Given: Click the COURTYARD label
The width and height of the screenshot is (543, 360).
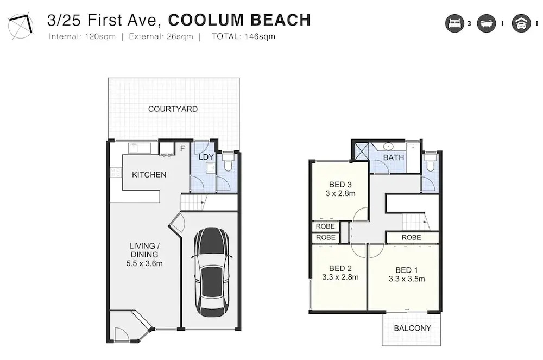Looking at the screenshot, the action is pyautogui.click(x=173, y=109).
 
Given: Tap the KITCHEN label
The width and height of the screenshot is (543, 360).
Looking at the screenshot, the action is pyautogui.click(x=149, y=175).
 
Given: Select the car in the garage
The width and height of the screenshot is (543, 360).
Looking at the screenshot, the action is pyautogui.click(x=211, y=271).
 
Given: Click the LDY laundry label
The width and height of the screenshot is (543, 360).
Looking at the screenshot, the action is pyautogui.click(x=206, y=157).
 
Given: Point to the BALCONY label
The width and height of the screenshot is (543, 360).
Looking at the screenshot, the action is pyautogui.click(x=413, y=328).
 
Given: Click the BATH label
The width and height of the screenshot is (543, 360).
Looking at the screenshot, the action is pyautogui.click(x=393, y=157).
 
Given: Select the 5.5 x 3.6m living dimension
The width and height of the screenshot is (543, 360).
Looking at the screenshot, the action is pyautogui.click(x=144, y=263).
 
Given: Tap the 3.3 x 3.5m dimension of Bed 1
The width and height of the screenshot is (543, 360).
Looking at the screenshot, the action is pyautogui.click(x=407, y=279).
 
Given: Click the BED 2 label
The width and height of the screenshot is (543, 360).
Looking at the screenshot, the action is pyautogui.click(x=340, y=268).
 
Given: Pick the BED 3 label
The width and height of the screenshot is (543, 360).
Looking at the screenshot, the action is pyautogui.click(x=340, y=185).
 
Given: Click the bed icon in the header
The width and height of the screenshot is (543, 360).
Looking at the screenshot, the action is pyautogui.click(x=454, y=23).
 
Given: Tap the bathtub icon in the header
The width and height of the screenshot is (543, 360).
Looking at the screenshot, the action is pyautogui.click(x=486, y=23).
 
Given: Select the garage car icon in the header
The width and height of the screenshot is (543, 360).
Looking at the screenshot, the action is pyautogui.click(x=521, y=23).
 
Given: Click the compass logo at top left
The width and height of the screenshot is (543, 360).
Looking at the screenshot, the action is pyautogui.click(x=21, y=26).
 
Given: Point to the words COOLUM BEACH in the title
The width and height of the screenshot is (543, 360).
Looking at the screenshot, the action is pyautogui.click(x=239, y=20).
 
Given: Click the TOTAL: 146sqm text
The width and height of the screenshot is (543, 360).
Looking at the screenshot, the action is pyautogui.click(x=243, y=37).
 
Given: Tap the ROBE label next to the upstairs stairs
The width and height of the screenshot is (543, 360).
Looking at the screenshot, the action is pyautogui.click(x=412, y=238).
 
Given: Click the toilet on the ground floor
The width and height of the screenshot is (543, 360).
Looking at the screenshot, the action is pyautogui.click(x=228, y=162).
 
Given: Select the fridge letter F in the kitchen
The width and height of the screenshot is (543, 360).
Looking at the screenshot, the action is pyautogui.click(x=182, y=148).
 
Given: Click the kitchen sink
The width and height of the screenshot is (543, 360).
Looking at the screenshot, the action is pyautogui.click(x=140, y=148).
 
